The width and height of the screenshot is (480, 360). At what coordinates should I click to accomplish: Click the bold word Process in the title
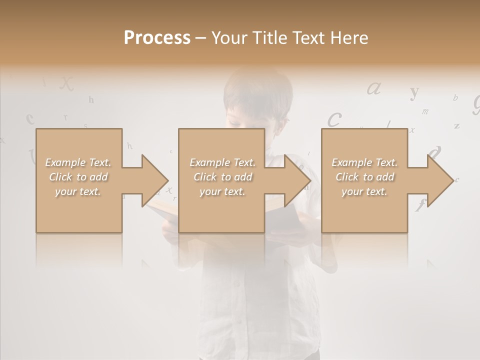(x=157, y=38)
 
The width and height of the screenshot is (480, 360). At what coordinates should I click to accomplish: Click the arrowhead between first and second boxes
(x=154, y=180)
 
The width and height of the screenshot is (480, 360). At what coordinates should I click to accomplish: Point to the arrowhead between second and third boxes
(x=297, y=180)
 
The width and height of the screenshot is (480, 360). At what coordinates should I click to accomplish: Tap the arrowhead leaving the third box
(x=439, y=180)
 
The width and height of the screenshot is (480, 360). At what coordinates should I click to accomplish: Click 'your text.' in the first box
(x=78, y=191)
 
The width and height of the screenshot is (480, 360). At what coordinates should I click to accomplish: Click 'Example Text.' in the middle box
(x=222, y=162)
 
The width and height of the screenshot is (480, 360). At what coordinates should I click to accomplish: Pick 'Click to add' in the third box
(x=365, y=177)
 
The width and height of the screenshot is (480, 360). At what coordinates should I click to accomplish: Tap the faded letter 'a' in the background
(x=374, y=88)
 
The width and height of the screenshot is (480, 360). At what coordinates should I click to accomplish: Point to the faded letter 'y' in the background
(x=414, y=92)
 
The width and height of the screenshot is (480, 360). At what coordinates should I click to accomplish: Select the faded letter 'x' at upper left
(x=66, y=83)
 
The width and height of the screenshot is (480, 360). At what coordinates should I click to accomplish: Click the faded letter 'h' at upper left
(x=91, y=100)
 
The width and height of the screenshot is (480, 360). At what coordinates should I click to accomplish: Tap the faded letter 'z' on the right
(x=456, y=125)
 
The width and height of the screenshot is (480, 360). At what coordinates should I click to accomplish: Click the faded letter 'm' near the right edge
(x=425, y=111)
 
